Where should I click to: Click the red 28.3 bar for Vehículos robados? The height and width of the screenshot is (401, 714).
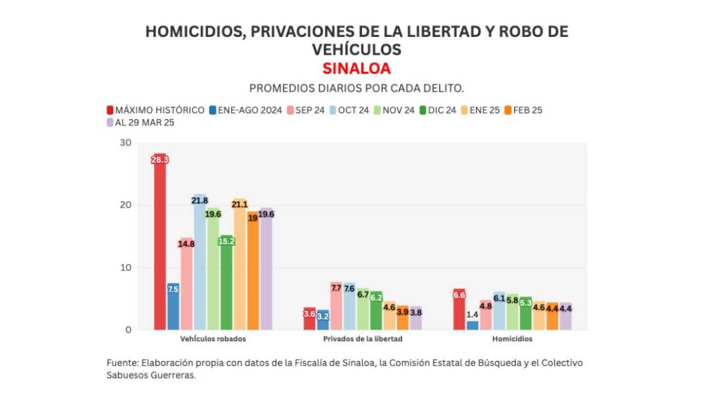click(x=160, y=242)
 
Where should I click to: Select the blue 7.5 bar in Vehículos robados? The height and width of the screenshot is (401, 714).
click(x=173, y=306)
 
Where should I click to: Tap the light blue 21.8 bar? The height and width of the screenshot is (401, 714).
click(x=200, y=262)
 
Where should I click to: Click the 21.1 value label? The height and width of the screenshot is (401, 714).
click(x=239, y=204)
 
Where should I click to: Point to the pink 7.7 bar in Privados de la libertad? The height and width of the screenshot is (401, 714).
click(x=336, y=306)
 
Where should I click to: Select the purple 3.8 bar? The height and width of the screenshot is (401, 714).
click(x=416, y=318)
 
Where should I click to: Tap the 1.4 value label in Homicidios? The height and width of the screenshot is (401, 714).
click(x=472, y=314)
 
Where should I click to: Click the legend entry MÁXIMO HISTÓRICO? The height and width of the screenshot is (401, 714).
click(x=155, y=110)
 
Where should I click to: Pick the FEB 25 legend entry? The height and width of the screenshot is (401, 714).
click(x=522, y=110)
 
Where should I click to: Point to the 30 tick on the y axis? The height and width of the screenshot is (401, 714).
click(x=125, y=143)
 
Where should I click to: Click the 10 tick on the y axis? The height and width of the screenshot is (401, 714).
click(x=125, y=267)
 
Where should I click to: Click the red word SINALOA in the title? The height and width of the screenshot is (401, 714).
click(x=356, y=68)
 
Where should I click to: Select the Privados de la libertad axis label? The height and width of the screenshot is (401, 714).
click(x=363, y=339)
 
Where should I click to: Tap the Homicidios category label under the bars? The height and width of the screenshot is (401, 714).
click(x=512, y=339)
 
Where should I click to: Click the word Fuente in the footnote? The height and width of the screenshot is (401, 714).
click(x=120, y=363)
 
